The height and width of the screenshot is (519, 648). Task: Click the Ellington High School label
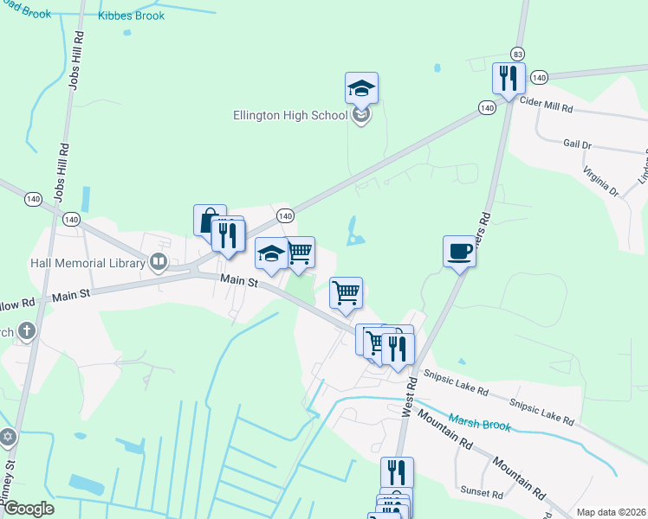[x=289, y=115]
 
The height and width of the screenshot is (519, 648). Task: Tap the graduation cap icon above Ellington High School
[x=361, y=87]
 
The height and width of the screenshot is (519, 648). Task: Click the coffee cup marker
[x=459, y=251]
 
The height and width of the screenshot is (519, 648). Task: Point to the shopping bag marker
[x=210, y=221]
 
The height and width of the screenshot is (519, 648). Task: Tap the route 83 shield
[x=517, y=53]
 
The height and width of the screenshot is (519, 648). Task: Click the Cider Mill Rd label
[x=546, y=107]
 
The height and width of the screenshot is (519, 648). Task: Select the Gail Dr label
[x=577, y=144]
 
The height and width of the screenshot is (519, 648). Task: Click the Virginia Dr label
[x=599, y=180]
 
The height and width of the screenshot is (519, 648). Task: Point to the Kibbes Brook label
[x=131, y=16]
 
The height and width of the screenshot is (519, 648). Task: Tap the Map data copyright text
[x=610, y=512]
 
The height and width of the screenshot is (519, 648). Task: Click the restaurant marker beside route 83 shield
[x=507, y=79]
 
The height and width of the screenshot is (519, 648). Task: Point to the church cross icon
[x=27, y=330]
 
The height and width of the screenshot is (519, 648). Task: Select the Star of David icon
[x=9, y=437]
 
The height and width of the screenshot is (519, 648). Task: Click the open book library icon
[x=158, y=261]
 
